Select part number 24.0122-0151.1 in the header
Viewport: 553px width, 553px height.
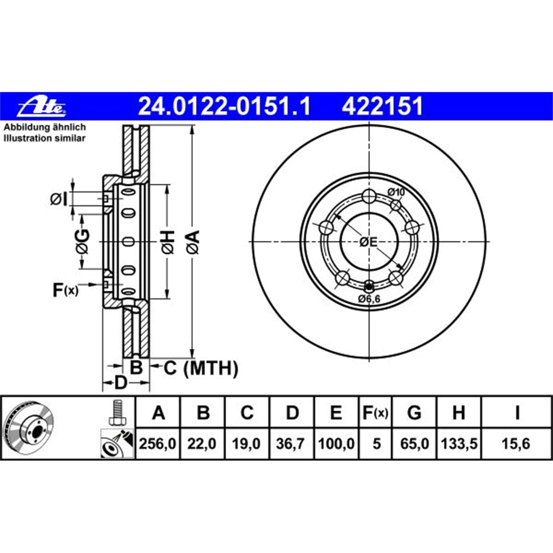pos(225,106)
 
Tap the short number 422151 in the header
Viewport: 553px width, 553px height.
pos(383,106)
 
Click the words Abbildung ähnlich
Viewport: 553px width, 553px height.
pos(45,127)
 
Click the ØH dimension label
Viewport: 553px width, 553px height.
pos(168,242)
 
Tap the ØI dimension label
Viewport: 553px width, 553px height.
pos(59,199)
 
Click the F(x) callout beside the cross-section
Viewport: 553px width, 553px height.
pos(65,290)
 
